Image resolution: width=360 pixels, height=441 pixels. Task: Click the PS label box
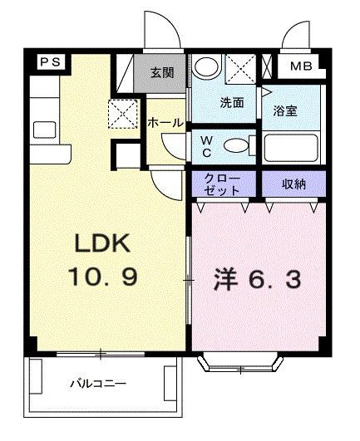point(49,62)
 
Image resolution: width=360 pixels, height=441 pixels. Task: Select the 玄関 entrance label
point(162,71)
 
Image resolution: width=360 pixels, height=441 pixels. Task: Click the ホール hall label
point(165,122)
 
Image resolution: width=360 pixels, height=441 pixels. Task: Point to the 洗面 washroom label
point(231,103)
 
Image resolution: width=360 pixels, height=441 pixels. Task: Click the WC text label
point(207,146)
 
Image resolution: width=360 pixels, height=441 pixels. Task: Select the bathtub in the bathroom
point(291,149)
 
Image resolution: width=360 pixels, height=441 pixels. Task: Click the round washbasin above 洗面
point(208,67)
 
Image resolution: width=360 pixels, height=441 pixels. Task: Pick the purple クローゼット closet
point(224,183)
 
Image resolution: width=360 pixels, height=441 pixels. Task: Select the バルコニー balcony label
point(97,385)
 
